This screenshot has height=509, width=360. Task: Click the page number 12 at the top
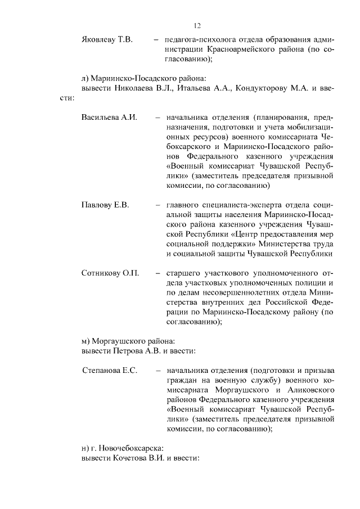click(197, 26)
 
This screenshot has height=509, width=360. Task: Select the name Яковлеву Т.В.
click(107, 40)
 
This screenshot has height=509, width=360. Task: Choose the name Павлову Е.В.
click(105, 205)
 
